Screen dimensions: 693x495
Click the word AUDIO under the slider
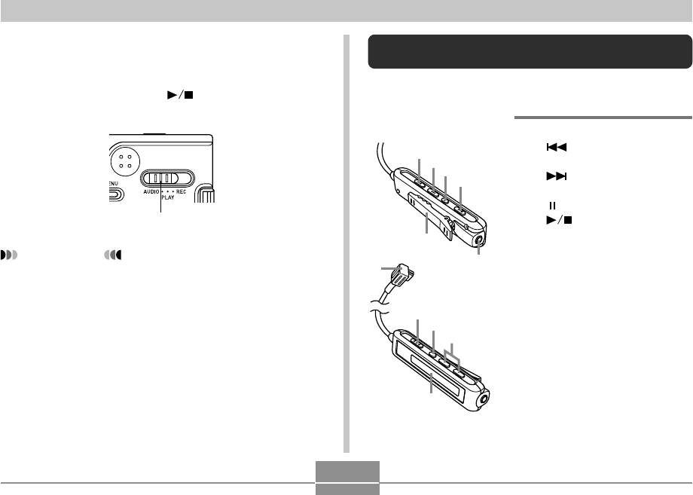(151, 192)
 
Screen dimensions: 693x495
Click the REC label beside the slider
(182, 192)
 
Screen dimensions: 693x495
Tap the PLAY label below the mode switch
(168, 197)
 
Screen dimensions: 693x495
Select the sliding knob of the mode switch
(161, 178)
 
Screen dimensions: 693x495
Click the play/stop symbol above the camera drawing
(180, 95)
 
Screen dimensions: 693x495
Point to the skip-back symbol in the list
(557, 147)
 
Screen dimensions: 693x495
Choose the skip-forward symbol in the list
(557, 176)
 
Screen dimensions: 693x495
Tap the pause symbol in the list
(552, 206)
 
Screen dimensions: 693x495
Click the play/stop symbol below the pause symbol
(560, 220)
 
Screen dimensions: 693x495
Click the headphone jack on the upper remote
(480, 241)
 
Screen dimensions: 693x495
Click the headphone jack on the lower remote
(483, 399)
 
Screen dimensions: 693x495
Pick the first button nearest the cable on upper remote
(419, 182)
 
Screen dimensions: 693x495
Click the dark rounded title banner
(530, 51)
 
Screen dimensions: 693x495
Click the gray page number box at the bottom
(347, 478)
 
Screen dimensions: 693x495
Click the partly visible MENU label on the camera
(113, 183)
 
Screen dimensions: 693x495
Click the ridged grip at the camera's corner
(205, 194)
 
